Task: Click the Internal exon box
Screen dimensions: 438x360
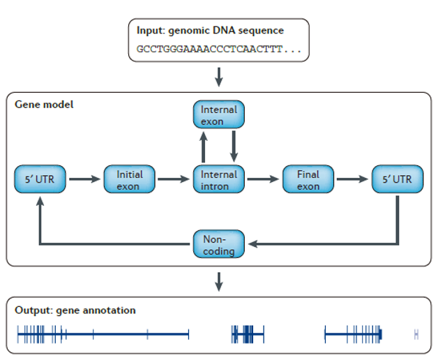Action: [x=219, y=114]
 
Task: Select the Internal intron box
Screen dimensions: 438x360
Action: [x=219, y=179]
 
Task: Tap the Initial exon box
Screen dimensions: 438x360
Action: [x=129, y=179]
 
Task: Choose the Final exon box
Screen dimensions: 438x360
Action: [x=308, y=179]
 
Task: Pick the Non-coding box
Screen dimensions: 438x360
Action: [x=219, y=244]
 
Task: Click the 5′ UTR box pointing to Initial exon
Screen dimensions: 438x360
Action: [x=40, y=179]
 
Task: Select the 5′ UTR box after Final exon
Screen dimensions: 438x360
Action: [x=398, y=179]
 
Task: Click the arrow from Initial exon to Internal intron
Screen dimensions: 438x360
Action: [x=174, y=179]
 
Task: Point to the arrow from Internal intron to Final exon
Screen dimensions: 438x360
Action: [x=263, y=179]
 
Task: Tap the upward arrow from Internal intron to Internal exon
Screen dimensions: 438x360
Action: [x=204, y=147]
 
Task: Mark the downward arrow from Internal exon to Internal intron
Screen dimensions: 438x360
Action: [x=234, y=147]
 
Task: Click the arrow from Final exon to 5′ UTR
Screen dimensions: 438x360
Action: [x=352, y=179]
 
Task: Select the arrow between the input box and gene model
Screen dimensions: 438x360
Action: [x=219, y=77]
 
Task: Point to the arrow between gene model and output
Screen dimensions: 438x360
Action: [x=219, y=282]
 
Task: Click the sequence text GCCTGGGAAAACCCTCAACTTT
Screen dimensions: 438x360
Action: [x=209, y=50]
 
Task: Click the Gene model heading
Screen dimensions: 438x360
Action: [x=44, y=105]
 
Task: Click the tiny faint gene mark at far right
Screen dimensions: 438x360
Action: [x=416, y=334]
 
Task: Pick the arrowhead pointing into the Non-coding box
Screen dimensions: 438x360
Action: [x=252, y=244]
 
